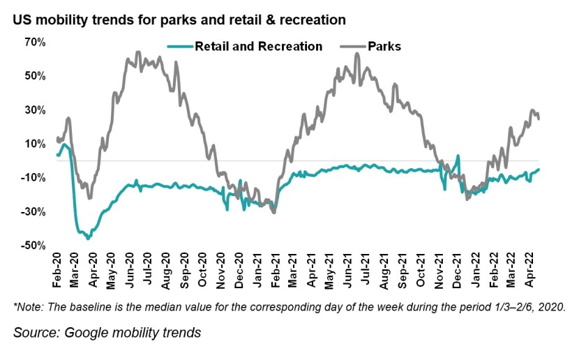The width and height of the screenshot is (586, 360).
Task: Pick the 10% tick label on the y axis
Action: pos(34,144)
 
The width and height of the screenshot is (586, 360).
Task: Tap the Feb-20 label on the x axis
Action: pos(59,267)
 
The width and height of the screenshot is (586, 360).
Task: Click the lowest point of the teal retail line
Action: pos(88,239)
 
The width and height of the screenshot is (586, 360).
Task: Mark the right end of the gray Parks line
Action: pos(539,119)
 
